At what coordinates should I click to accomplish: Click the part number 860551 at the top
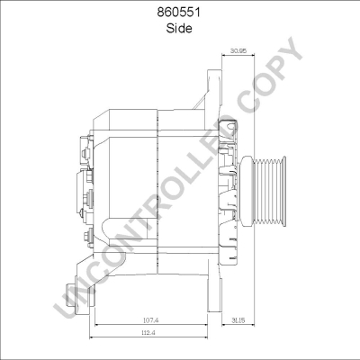[x=179, y=13]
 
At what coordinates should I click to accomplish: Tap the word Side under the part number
[x=179, y=28]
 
